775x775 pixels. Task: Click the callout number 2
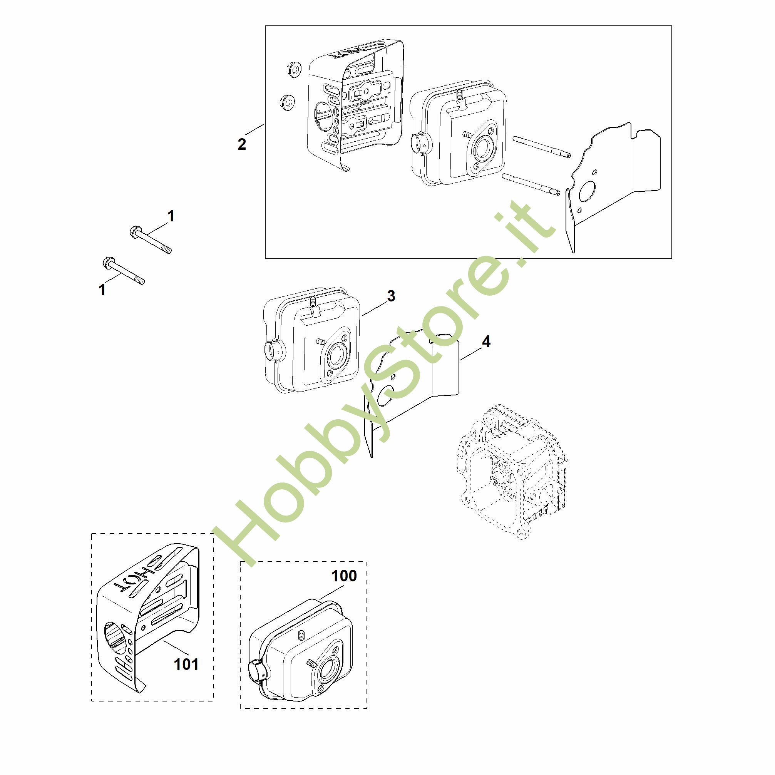[241, 144]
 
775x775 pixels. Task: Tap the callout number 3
[391, 296]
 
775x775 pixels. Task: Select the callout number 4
[486, 341]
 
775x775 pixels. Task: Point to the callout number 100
[344, 576]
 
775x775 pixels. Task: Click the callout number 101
[186, 665]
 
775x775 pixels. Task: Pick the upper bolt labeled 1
[151, 239]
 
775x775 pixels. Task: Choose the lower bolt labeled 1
[124, 270]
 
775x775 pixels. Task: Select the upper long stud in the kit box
[542, 147]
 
